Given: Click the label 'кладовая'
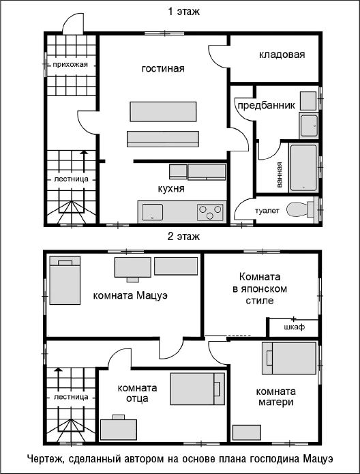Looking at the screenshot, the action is (x=282, y=55).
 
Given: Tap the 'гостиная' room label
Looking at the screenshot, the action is (x=163, y=69).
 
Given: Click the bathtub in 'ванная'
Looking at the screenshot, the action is (x=303, y=168).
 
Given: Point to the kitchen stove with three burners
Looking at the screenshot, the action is (x=211, y=211).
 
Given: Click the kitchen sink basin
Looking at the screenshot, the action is (x=152, y=212).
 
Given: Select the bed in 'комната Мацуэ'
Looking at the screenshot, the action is (x=65, y=280).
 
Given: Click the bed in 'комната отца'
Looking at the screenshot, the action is (x=197, y=389).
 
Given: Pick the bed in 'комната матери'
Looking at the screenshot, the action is (x=289, y=358).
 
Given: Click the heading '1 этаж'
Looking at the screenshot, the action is (x=184, y=12).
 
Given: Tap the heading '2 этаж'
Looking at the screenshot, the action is (x=184, y=236).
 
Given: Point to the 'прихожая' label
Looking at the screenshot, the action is (x=70, y=64).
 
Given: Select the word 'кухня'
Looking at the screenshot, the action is (x=171, y=189).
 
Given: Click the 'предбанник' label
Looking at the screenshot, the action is (x=266, y=106).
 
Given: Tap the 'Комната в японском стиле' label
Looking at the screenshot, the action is (x=260, y=288).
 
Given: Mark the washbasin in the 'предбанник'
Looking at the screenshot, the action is (x=308, y=125).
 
